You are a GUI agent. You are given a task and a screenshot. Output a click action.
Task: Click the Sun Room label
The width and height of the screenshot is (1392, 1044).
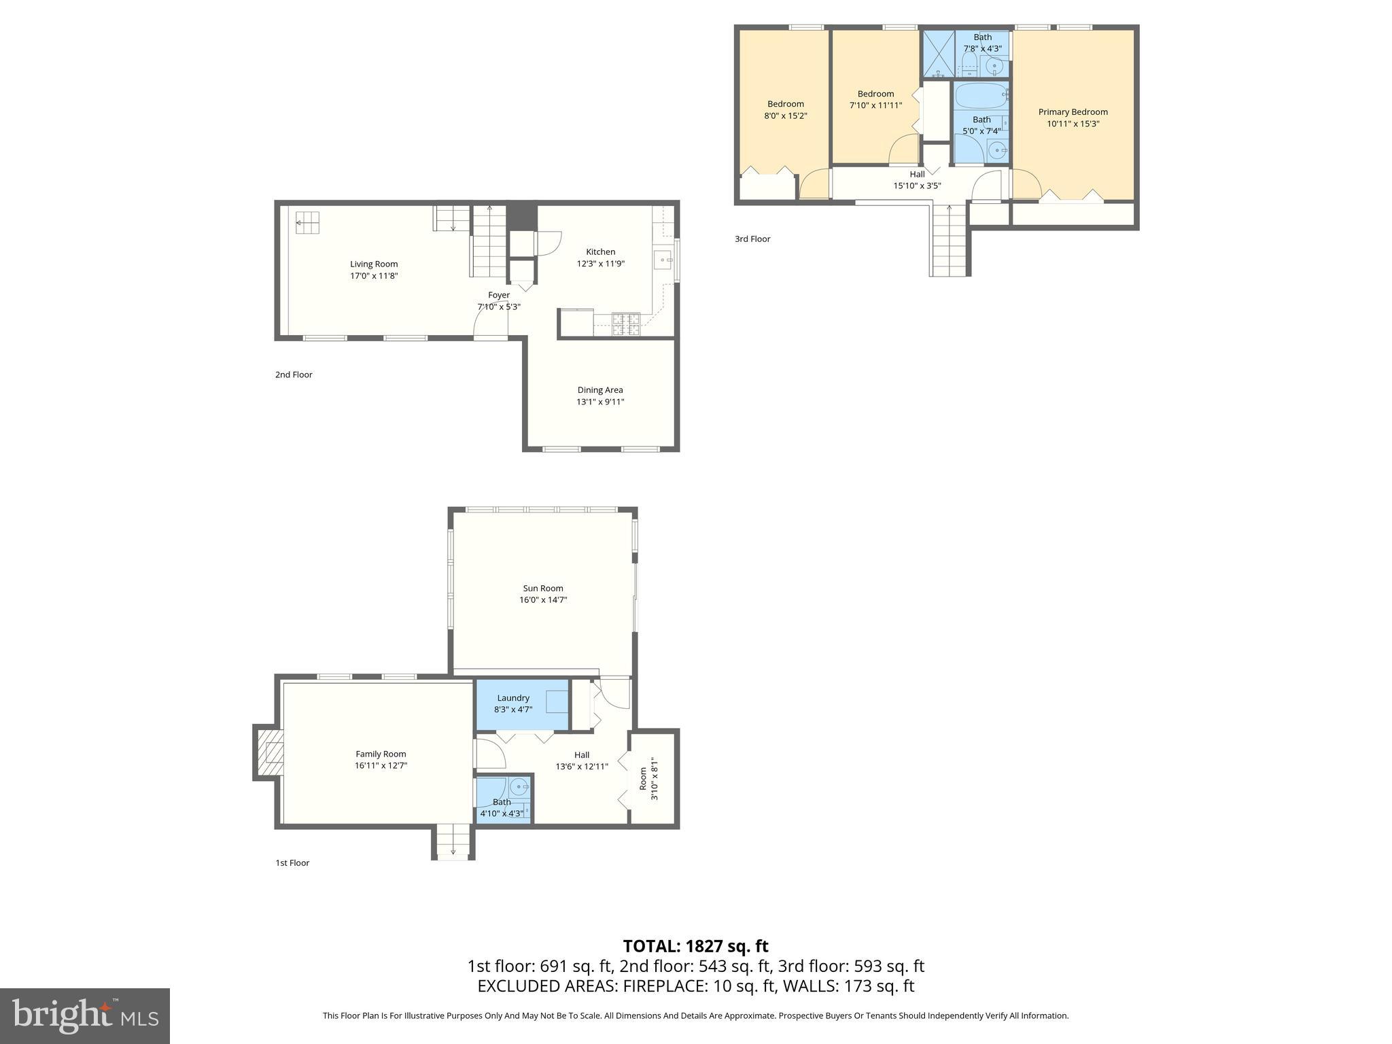click(x=542, y=588)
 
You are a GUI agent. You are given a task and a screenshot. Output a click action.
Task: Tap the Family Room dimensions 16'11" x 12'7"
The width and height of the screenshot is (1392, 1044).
click(x=381, y=765)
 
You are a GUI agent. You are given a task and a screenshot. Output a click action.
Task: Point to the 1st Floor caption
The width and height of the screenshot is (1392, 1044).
click(x=292, y=863)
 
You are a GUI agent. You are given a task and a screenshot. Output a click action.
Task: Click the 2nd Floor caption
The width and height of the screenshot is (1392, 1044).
click(x=294, y=375)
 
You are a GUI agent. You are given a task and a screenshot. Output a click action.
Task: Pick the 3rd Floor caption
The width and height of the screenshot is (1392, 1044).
click(x=752, y=239)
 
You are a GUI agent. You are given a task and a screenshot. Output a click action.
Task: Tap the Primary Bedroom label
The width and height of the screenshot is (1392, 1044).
click(x=1073, y=112)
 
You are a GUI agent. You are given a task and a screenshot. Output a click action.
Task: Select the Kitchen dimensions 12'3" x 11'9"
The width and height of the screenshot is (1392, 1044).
click(x=600, y=264)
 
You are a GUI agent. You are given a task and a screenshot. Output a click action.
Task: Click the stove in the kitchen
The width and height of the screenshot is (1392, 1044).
click(x=625, y=324)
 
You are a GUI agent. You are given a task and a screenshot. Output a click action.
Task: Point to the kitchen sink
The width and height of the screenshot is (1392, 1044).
click(x=663, y=260)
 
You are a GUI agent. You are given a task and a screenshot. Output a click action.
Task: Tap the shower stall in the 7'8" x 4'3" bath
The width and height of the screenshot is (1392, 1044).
click(x=939, y=54)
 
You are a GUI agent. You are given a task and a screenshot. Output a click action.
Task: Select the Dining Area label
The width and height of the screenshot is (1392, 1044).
click(x=599, y=390)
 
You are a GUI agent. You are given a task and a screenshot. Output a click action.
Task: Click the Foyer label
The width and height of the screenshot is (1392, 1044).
click(x=498, y=295)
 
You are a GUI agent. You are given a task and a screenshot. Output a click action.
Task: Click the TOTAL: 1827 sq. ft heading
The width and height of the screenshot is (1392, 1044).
click(x=695, y=945)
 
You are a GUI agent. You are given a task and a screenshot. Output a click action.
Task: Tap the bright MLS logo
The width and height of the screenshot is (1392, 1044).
click(x=85, y=1015)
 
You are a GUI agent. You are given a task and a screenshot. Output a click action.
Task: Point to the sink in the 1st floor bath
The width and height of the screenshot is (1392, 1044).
click(x=520, y=787)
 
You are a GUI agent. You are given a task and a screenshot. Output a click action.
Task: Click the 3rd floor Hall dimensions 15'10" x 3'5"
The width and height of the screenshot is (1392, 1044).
click(x=917, y=186)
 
